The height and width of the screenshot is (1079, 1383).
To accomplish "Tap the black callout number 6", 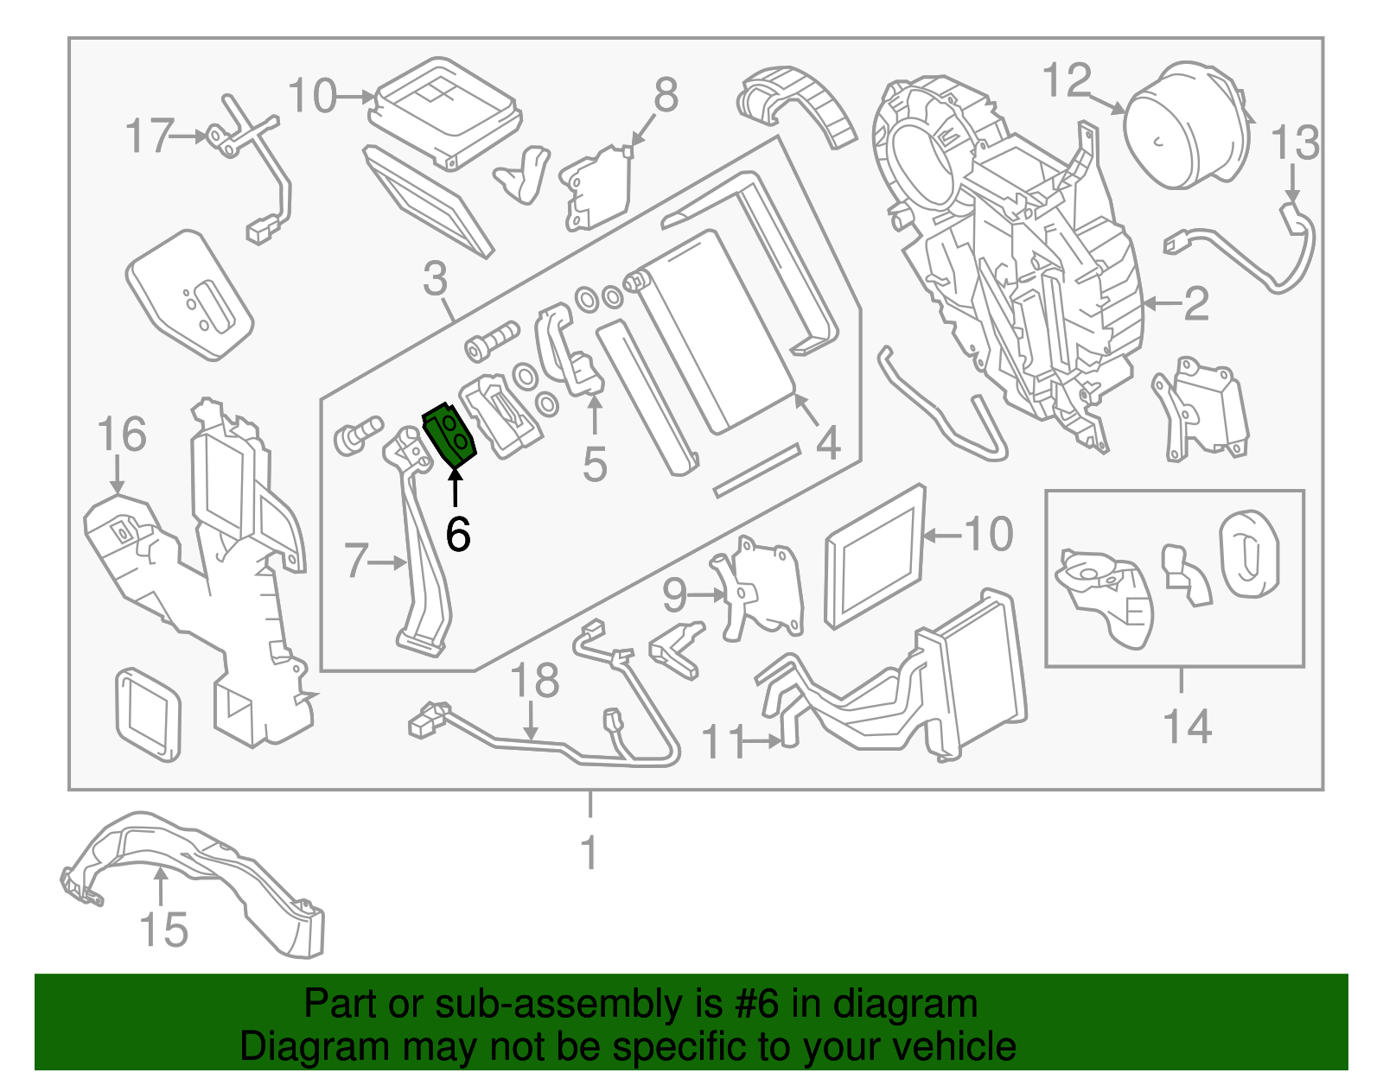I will [x=458, y=535].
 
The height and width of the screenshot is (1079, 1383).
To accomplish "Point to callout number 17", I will [x=150, y=136].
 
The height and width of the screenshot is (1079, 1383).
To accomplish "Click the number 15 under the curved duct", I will [x=163, y=930].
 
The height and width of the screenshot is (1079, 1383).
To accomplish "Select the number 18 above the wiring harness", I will [x=535, y=681].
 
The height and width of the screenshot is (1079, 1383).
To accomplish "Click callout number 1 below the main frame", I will [x=590, y=853].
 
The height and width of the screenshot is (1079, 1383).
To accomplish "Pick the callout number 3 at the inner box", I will [x=436, y=279].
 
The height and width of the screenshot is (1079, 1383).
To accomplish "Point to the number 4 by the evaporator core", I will [x=828, y=443].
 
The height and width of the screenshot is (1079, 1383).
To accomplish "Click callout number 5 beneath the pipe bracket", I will [x=595, y=464].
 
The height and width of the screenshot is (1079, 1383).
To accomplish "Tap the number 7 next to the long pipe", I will [x=355, y=561].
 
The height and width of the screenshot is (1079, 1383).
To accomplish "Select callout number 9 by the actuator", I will [x=674, y=595].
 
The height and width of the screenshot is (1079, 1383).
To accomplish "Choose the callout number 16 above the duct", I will [x=121, y=434].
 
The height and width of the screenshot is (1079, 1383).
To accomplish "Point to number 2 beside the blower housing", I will [x=1196, y=304].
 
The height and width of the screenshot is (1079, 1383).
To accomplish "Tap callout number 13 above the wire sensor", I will [x=1295, y=143].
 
